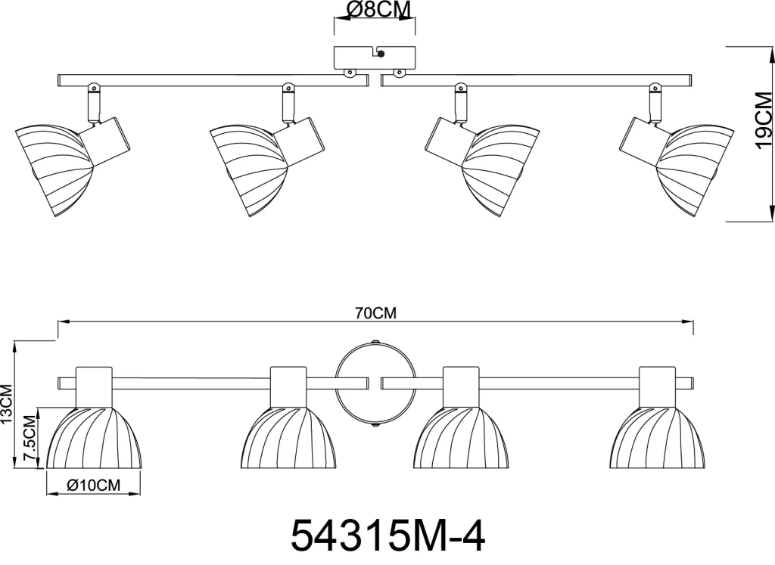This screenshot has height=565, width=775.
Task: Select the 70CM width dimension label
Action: (x=375, y=313)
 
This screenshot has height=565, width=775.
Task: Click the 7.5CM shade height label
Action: (x=30, y=439)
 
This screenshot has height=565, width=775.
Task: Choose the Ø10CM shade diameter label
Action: (x=93, y=486)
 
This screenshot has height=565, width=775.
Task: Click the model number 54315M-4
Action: (x=387, y=536)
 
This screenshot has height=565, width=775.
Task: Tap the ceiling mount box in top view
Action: (x=375, y=57)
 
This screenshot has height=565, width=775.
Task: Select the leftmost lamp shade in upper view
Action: (x=54, y=170)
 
